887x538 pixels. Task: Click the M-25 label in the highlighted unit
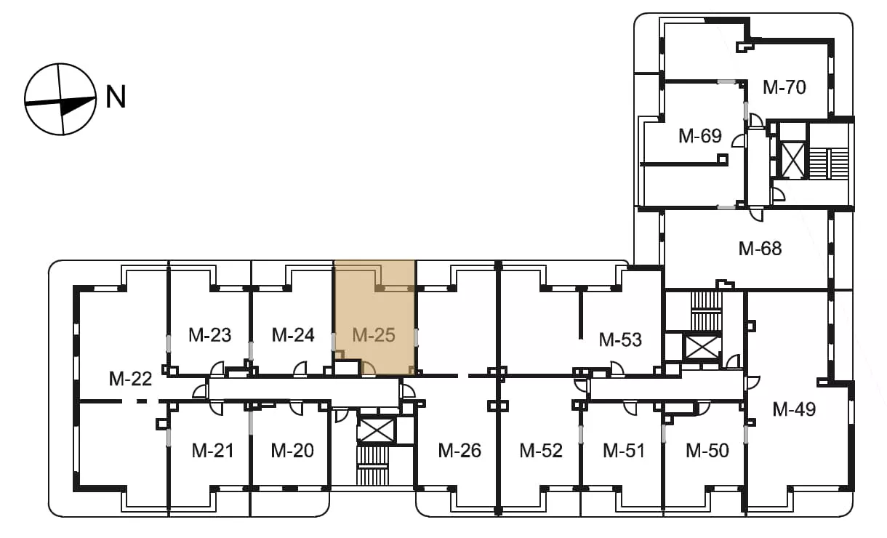(x=374, y=335)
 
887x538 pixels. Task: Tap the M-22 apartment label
(x=130, y=380)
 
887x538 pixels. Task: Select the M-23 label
(x=209, y=335)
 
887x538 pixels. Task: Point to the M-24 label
(x=293, y=335)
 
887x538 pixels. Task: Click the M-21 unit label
(x=212, y=451)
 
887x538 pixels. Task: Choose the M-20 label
(x=292, y=451)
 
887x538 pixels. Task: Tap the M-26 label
(x=459, y=451)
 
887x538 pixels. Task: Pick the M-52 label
(x=541, y=451)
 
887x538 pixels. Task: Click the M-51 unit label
(x=624, y=451)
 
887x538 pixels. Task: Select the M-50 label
(x=707, y=451)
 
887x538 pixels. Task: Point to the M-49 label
(x=794, y=409)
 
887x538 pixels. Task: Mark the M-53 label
(x=620, y=340)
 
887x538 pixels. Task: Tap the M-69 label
(x=699, y=136)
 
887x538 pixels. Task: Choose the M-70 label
(x=784, y=87)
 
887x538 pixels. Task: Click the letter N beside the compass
(x=116, y=97)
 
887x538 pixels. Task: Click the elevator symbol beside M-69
(x=793, y=160)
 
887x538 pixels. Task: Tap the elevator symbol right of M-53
(x=702, y=348)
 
